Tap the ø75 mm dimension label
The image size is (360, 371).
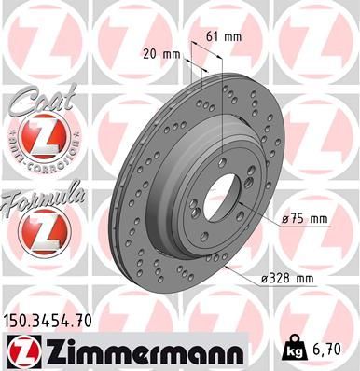pos(305,218)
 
